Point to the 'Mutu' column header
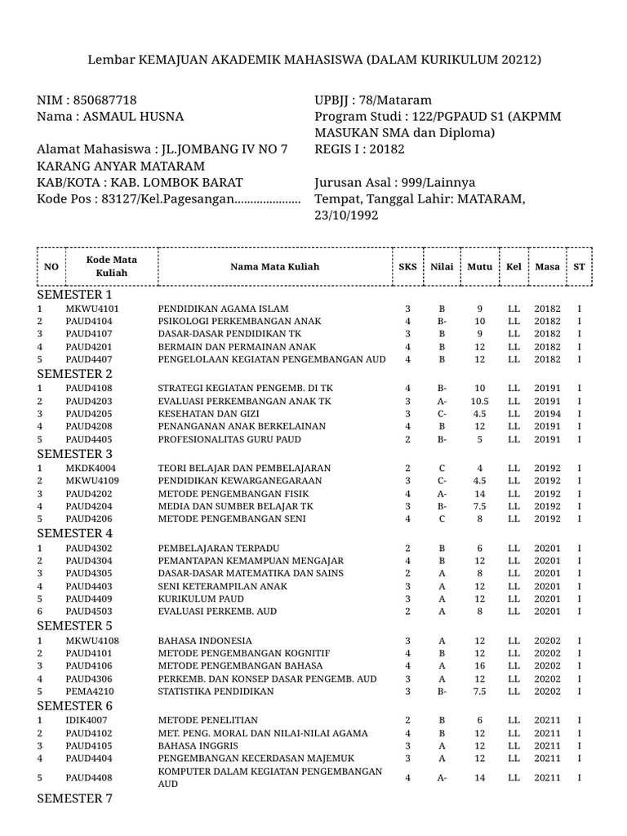pyautogui.click(x=480, y=267)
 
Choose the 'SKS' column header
pyautogui.click(x=407, y=267)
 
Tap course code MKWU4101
pyautogui.click(x=92, y=310)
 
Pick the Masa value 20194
pyautogui.click(x=547, y=414)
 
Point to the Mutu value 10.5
pyautogui.click(x=480, y=402)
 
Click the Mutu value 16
pyautogui.click(x=480, y=666)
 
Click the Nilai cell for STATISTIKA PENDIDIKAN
pyautogui.click(x=442, y=691)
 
